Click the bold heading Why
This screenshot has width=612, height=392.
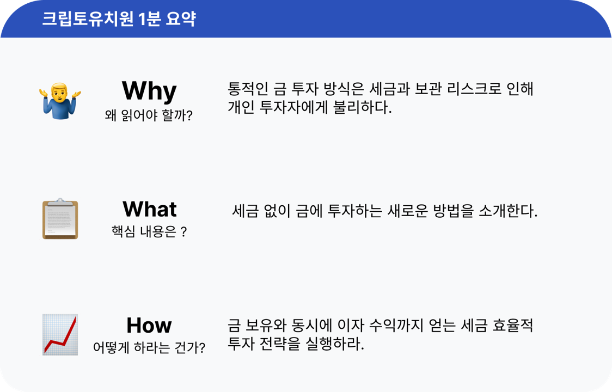tap(149, 91)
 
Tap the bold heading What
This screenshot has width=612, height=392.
tap(149, 209)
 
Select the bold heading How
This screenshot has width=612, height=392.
tap(149, 326)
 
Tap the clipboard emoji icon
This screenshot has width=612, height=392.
tap(60, 219)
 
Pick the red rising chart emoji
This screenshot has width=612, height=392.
tap(60, 335)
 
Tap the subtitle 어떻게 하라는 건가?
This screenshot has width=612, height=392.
tap(149, 347)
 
